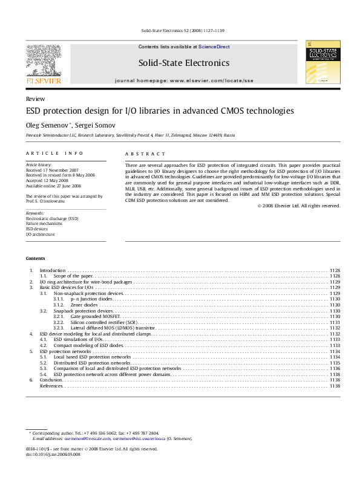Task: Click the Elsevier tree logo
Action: [43, 63]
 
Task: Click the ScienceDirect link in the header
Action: [214, 47]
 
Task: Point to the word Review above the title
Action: [34, 98]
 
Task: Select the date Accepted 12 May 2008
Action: [47, 181]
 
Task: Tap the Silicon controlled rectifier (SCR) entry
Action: [105, 322]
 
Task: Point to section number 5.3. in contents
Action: [43, 368]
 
